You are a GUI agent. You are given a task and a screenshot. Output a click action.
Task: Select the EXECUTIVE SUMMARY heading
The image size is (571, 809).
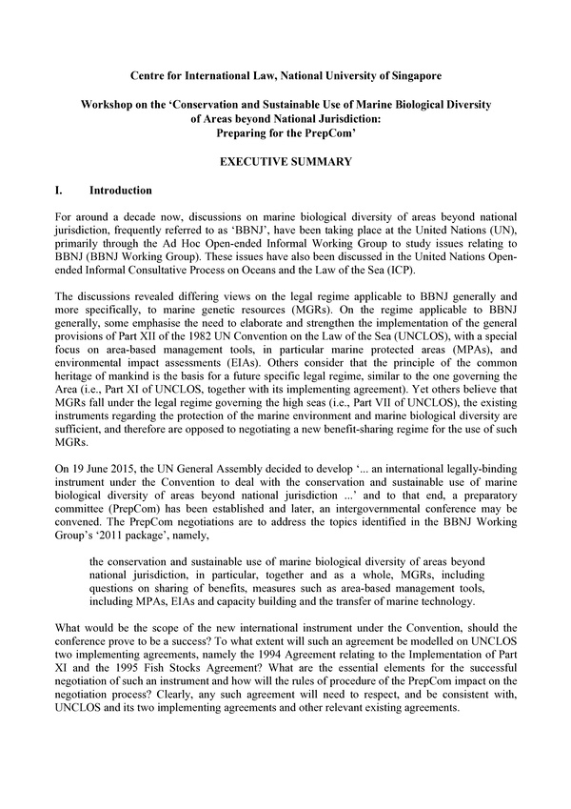285,162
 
